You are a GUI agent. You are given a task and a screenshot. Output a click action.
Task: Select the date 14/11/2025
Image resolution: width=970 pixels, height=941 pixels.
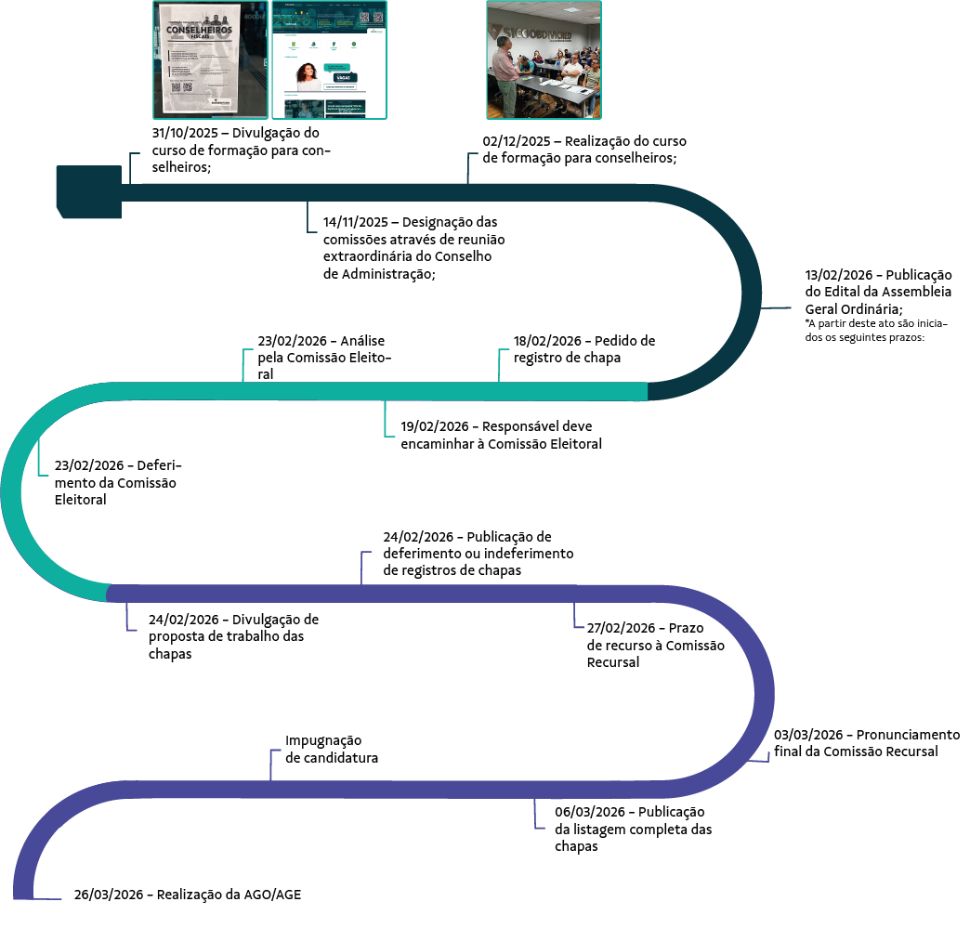click(355, 223)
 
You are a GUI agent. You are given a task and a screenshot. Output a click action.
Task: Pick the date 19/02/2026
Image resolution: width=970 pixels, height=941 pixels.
click(434, 426)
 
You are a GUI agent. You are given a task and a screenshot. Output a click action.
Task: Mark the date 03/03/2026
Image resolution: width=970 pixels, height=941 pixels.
click(806, 735)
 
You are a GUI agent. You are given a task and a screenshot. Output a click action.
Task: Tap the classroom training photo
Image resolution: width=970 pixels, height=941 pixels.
click(544, 59)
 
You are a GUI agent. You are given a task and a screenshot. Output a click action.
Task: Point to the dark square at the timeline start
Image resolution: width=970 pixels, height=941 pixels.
click(88, 191)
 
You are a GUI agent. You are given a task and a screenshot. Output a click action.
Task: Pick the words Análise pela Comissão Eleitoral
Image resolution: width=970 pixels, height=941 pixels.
click(324, 358)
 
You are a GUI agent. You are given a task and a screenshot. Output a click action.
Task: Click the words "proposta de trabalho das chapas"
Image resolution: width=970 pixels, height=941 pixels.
click(227, 645)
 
